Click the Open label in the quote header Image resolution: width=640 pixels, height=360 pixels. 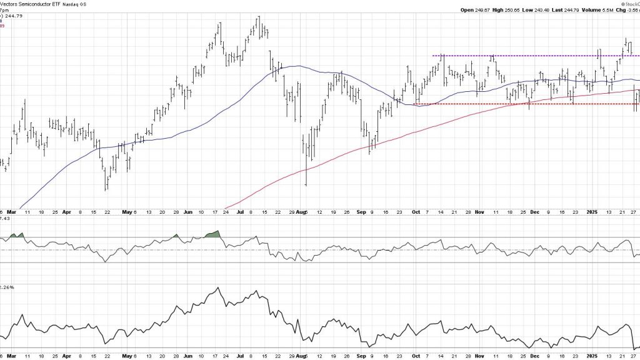(x=467, y=9)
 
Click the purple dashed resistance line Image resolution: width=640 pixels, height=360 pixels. (x=531, y=56)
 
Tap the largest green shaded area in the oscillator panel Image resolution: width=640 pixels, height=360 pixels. (x=214, y=234)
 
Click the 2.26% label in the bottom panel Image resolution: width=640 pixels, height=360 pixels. (x=7, y=287)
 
